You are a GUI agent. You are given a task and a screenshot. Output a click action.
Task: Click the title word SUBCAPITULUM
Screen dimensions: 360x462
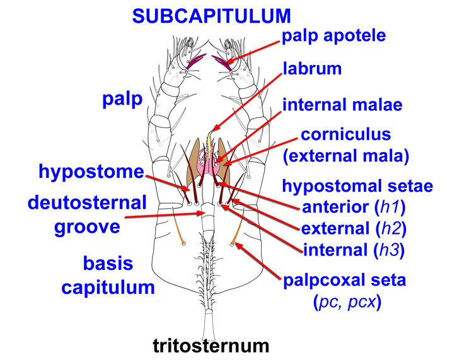tap(212, 16)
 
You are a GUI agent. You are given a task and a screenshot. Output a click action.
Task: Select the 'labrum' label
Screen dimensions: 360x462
tap(312, 69)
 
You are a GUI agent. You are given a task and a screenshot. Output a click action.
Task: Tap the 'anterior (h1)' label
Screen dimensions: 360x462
tap(354, 206)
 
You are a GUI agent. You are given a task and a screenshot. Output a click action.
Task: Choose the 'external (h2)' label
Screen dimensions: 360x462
tap(353, 228)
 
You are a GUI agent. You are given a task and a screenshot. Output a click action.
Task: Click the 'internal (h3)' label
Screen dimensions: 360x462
tap(354, 250)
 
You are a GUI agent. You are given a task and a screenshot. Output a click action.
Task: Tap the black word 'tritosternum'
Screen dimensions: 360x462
tap(211, 345)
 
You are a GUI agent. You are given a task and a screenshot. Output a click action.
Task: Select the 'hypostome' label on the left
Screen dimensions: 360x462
tap(91, 171)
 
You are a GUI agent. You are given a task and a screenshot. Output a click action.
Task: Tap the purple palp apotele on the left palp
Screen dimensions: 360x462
tap(196, 60)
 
